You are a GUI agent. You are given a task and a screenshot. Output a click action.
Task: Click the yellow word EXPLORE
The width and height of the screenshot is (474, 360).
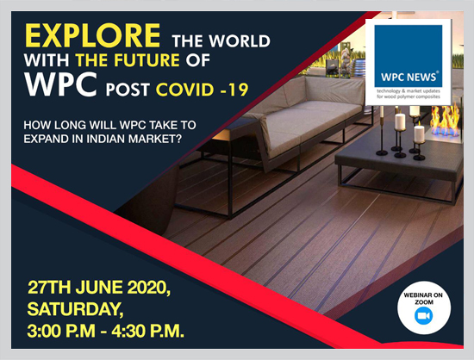(92, 35)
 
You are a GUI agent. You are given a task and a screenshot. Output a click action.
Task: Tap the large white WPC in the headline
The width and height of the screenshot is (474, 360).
(61, 84)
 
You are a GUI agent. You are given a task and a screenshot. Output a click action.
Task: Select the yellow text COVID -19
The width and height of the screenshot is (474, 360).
(203, 90)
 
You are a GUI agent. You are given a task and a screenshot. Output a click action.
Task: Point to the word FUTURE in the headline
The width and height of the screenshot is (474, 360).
(147, 59)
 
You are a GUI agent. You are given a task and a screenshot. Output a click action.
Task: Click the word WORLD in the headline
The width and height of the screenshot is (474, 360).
(240, 40)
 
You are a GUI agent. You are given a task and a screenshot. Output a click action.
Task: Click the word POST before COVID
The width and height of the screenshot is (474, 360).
(128, 90)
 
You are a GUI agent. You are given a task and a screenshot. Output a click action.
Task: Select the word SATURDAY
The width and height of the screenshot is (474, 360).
(75, 309)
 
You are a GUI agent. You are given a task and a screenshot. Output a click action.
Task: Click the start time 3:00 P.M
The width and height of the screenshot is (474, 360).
(61, 331)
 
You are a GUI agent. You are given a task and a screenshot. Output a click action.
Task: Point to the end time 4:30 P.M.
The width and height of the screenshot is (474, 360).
(148, 331)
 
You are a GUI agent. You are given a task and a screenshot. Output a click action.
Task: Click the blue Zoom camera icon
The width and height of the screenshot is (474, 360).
(423, 316)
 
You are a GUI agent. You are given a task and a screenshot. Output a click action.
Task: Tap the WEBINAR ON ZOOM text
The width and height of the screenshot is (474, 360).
(423, 298)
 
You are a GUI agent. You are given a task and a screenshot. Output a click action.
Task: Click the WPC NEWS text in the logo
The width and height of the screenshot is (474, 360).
(409, 77)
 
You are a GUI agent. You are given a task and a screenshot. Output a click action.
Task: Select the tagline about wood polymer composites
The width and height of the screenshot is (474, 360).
(409, 94)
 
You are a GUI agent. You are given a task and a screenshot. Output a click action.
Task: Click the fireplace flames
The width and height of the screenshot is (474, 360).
(445, 120)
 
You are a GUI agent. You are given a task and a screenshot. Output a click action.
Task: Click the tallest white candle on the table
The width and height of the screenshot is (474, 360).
(400, 121)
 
